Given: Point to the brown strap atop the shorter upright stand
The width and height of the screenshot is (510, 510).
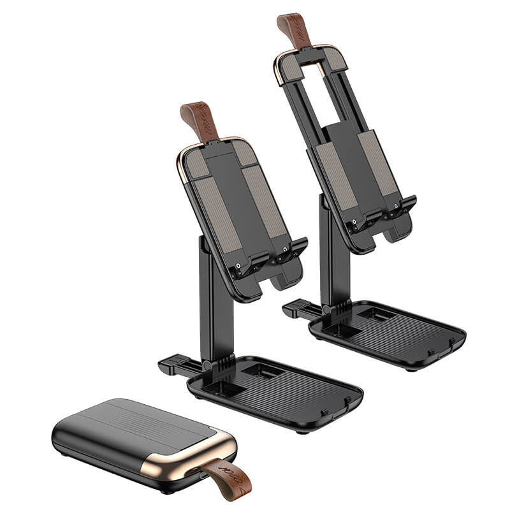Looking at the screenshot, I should point(199,119).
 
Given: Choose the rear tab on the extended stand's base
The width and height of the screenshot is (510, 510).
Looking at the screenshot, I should point(295,310).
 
